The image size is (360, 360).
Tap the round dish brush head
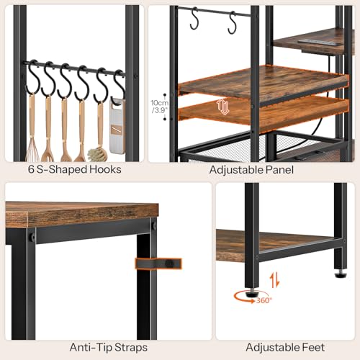97,154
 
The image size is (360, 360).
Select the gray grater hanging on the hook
117,125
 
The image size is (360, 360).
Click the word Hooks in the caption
105,169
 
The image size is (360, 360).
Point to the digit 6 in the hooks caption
31,169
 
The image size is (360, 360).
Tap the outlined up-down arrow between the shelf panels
223,107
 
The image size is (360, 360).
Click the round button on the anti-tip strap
170,264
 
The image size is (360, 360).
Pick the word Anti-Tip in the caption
91,347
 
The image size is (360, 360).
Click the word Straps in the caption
131,348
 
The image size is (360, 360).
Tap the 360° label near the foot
264,300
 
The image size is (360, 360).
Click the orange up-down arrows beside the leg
274,280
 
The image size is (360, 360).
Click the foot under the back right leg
341,274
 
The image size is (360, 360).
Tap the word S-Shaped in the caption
61,170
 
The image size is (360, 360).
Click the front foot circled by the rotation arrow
251,293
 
